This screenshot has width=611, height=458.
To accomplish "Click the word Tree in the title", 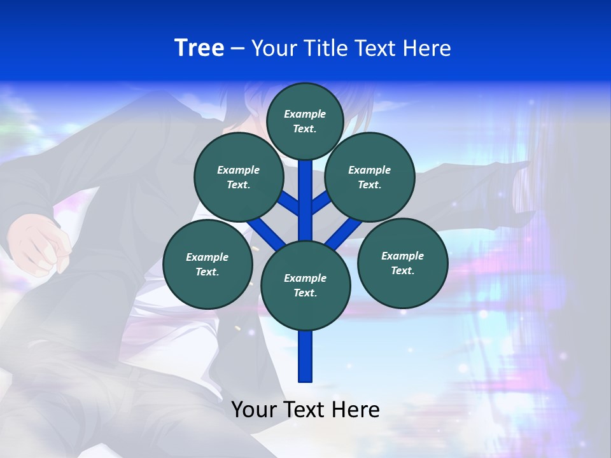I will [199, 48].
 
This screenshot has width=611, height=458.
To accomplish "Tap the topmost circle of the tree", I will [305, 121].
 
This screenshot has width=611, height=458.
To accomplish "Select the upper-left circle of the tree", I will [238, 177].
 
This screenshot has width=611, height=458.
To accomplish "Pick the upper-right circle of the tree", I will [370, 177].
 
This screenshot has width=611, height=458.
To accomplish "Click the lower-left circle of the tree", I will [207, 264].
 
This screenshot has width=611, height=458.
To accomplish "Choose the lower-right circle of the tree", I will [402, 263].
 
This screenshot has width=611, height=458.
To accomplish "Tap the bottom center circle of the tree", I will [305, 286].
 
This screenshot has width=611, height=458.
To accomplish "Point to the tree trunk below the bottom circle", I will [305, 356].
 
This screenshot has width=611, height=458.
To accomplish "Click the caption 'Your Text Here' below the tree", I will [305, 410].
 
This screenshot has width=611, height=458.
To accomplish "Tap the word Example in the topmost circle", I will [305, 114].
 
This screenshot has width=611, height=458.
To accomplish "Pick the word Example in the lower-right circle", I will [402, 256].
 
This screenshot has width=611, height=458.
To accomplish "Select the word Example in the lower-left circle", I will [207, 257].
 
